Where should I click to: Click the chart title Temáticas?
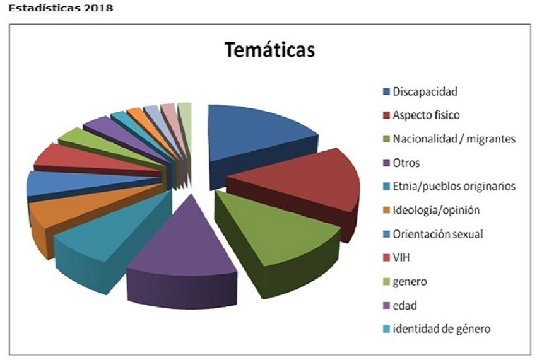pos(270,50)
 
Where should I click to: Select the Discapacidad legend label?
pos(425,91)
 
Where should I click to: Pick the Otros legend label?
pos(406,163)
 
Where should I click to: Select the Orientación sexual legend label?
pos(437,234)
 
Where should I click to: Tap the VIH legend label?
pos(401,258)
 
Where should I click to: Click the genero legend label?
pos(410,281)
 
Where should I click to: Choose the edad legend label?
pos(404,305)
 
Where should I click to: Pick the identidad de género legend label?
pos(441,328)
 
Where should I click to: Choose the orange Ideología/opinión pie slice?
pos(63,218)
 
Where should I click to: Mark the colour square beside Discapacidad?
pos(386,92)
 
